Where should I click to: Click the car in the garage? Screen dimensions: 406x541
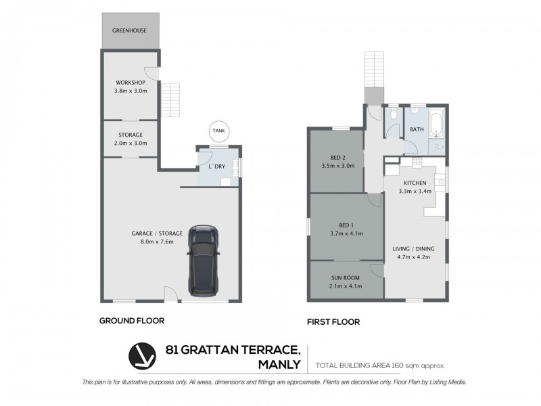click(203, 260)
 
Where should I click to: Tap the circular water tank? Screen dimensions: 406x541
click(218, 131)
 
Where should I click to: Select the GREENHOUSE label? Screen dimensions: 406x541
click(131, 30)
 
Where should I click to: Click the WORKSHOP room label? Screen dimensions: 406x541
click(131, 83)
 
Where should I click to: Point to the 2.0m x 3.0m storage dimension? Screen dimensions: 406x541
click(131, 143)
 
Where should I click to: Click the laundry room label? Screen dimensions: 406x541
click(217, 166)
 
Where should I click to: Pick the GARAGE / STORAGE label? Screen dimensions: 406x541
click(158, 233)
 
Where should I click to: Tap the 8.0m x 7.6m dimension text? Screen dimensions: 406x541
click(158, 242)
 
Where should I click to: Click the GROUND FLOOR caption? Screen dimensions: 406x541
click(132, 321)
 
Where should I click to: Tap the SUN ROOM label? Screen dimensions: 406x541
click(346, 278)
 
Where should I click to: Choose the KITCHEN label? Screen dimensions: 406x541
click(415, 183)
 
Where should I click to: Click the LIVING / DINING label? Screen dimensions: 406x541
click(414, 249)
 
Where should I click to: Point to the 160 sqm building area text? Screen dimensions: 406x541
click(380, 365)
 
